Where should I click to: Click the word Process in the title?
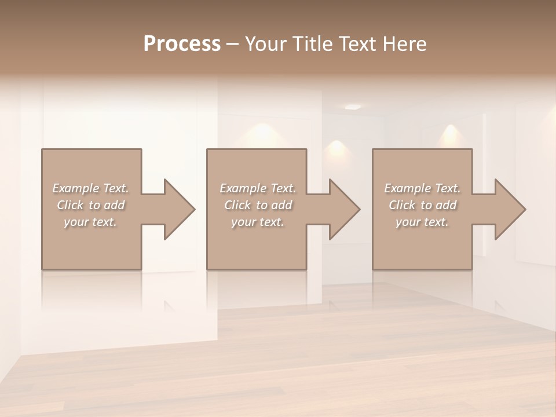click(182, 44)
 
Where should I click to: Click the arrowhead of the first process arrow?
click(180, 209)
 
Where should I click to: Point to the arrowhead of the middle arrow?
click(345, 209)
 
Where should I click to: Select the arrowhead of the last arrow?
click(510, 209)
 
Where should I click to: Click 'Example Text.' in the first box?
click(90, 188)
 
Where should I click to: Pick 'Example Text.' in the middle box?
click(258, 188)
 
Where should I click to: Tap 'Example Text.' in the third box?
click(422, 188)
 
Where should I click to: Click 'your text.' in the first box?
click(90, 222)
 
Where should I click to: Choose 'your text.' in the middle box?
click(258, 222)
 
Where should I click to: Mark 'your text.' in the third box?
click(422, 222)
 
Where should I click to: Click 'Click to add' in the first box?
click(90, 205)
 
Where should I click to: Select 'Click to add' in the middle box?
click(258, 205)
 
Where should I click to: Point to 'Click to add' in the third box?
click(422, 205)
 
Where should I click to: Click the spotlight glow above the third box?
click(450, 132)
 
